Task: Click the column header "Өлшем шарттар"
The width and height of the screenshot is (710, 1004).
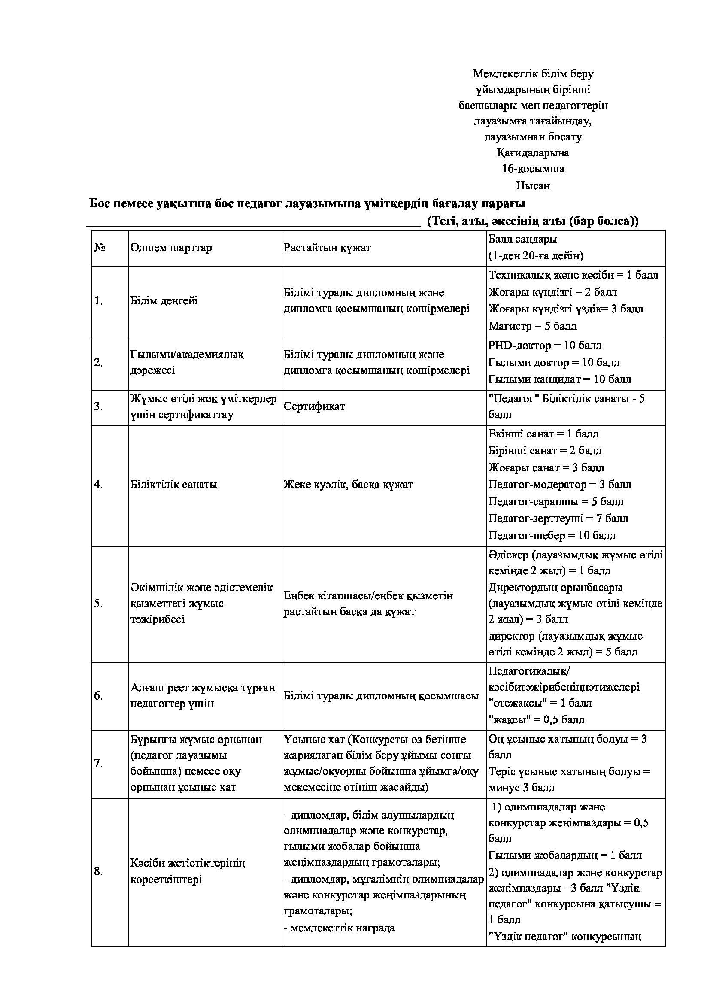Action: pyautogui.click(x=171, y=248)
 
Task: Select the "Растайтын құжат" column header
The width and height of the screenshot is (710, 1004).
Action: pyautogui.click(x=327, y=248)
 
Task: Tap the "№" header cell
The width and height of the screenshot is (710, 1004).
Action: pyautogui.click(x=100, y=248)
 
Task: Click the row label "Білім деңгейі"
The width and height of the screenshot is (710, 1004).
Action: pyautogui.click(x=164, y=301)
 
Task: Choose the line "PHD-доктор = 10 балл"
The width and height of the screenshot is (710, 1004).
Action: pyautogui.click(x=545, y=346)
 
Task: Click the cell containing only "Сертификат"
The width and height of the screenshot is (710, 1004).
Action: pyautogui.click(x=314, y=406)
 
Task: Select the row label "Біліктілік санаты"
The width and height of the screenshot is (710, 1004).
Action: pyautogui.click(x=173, y=485)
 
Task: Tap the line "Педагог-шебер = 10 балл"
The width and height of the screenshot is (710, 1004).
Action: pyautogui.click(x=552, y=535)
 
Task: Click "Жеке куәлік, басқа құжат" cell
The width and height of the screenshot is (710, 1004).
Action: pyautogui.click(x=348, y=485)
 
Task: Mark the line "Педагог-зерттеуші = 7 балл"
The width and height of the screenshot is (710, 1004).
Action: pyautogui.click(x=558, y=519)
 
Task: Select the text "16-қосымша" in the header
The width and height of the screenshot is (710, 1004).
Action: pyautogui.click(x=533, y=168)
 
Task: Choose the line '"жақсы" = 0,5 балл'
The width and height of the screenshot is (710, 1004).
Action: pyautogui.click(x=537, y=720)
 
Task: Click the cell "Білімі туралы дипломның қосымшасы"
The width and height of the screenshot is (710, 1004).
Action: pyautogui.click(x=381, y=696)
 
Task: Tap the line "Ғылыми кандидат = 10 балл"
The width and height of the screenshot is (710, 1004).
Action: pyautogui.click(x=560, y=379)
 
